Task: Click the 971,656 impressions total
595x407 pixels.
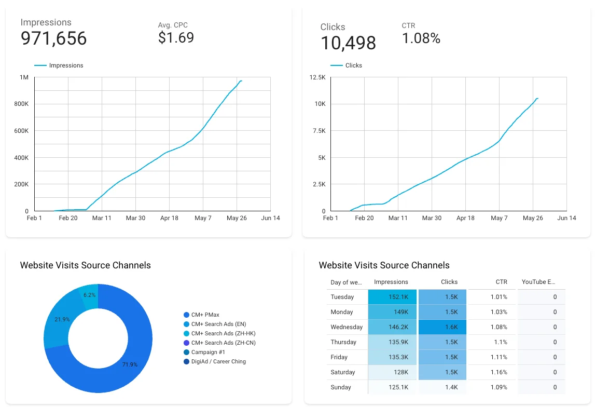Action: point(53,39)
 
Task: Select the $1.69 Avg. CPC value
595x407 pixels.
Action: point(176,38)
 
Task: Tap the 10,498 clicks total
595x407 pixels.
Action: point(348,43)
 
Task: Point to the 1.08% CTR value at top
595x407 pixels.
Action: point(421,38)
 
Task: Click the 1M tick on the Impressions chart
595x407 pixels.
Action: point(24,77)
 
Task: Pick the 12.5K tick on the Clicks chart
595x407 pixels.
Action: point(317,77)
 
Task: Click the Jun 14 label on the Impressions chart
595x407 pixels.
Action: point(270,218)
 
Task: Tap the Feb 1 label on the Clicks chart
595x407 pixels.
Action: point(330,218)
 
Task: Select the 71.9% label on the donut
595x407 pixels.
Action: point(130,364)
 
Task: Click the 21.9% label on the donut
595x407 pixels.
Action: point(62,319)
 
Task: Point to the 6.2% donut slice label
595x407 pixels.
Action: point(89,295)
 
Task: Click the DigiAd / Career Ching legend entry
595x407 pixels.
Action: point(218,361)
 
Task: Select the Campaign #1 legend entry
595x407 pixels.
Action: point(208,352)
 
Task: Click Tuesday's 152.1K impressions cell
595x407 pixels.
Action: point(392,297)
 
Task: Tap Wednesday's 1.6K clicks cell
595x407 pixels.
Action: point(442,327)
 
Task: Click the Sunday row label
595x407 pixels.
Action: point(341,387)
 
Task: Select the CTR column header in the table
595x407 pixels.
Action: point(501,282)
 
